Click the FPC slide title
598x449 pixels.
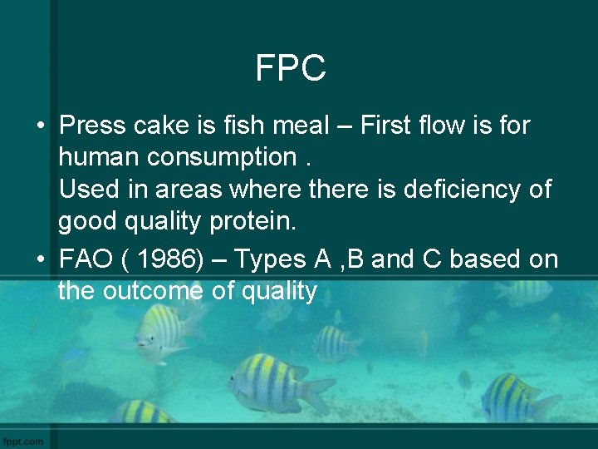click(291, 68)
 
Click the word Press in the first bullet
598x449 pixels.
click(93, 126)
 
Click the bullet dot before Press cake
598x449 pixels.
click(40, 126)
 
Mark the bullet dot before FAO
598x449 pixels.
click(40, 260)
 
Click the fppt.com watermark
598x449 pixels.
click(22, 440)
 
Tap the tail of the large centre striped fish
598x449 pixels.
click(318, 392)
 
